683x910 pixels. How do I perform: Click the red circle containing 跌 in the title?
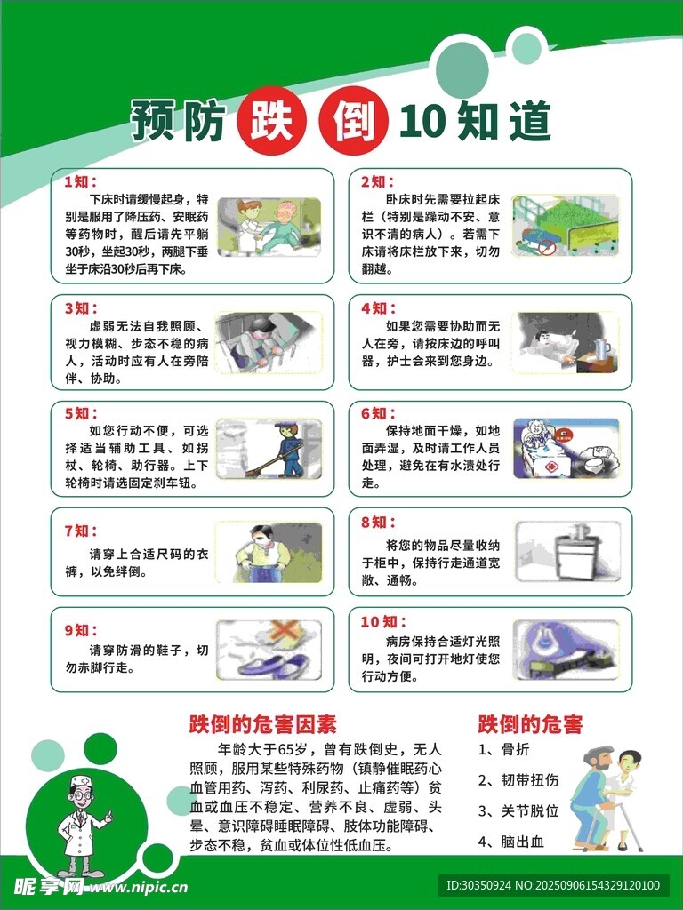(x=270, y=120)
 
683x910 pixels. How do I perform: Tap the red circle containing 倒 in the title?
(x=353, y=120)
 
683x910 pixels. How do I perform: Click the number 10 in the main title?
(x=422, y=121)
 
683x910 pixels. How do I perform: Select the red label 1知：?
(x=81, y=181)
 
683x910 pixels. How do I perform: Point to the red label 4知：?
(x=378, y=308)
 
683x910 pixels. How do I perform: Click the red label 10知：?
(x=383, y=621)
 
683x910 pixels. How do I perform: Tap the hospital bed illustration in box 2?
(x=565, y=225)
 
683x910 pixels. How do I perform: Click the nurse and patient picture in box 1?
(x=269, y=227)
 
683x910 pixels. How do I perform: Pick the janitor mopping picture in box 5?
(x=269, y=449)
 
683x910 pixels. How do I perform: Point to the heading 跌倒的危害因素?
(x=262, y=724)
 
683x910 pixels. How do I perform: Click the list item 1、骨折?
(x=503, y=749)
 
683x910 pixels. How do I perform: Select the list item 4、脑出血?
(x=511, y=842)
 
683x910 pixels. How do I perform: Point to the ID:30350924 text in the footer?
(x=478, y=886)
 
